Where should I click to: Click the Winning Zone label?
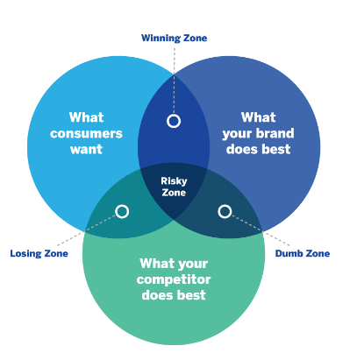point(174,39)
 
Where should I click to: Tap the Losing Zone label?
point(39,253)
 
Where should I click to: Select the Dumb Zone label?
point(303,253)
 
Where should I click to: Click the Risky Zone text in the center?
point(174,187)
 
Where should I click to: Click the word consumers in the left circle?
point(86,133)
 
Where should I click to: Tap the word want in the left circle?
point(86,149)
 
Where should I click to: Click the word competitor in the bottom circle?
point(174,279)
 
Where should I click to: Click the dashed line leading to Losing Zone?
point(87,230)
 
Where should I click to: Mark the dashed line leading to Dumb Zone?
point(261,230)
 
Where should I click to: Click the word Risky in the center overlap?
point(174,181)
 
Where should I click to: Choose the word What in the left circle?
point(86,117)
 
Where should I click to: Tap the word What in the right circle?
point(259,117)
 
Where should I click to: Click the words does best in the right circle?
point(259,149)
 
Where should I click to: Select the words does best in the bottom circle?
point(174,295)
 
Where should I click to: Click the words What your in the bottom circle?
point(174,264)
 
